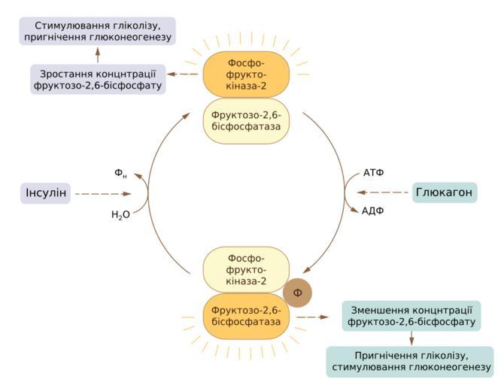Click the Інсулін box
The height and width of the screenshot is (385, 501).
(45, 193)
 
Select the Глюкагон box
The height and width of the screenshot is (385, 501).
(445, 192)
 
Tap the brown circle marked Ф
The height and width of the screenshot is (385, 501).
(297, 293)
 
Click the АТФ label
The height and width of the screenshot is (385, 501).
(373, 173)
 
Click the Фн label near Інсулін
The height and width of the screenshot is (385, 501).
(120, 174)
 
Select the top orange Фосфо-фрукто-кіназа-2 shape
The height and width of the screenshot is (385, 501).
(246, 74)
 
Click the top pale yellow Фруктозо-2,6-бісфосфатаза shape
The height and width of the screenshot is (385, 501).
(246, 121)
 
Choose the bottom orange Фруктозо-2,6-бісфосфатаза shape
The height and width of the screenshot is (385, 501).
(246, 316)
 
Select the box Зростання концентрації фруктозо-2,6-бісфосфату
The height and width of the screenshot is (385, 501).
(98, 79)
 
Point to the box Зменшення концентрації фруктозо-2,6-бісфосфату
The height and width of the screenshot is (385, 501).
(411, 316)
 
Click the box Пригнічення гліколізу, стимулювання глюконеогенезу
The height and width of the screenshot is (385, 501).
(410, 361)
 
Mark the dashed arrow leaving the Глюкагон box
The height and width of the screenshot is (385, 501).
(384, 192)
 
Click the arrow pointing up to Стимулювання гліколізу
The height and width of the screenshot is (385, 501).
(97, 54)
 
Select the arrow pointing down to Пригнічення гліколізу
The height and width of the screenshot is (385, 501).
(411, 338)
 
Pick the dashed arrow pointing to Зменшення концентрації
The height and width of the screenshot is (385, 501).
(315, 317)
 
